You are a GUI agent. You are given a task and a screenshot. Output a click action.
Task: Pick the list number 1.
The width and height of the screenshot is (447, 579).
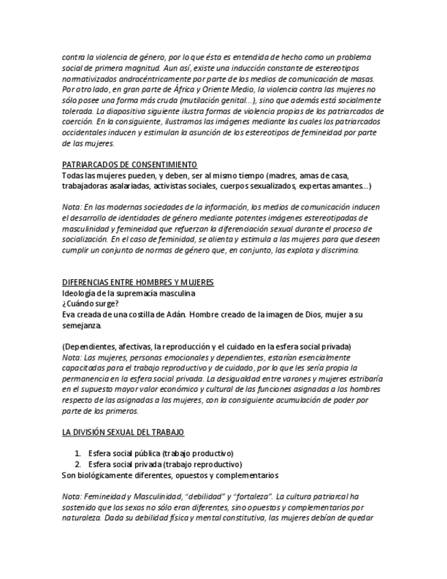78,453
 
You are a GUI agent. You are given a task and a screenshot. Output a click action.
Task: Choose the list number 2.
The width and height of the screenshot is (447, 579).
78,464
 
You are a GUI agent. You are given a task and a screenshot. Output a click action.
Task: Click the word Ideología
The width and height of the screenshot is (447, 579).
80,293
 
